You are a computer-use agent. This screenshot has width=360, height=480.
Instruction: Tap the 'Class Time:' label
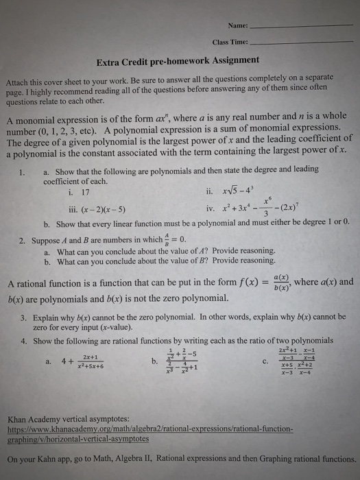click(x=230, y=41)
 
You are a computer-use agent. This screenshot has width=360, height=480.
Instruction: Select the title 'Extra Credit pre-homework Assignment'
click(x=178, y=60)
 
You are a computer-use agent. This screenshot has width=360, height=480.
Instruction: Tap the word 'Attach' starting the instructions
click(x=19, y=79)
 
